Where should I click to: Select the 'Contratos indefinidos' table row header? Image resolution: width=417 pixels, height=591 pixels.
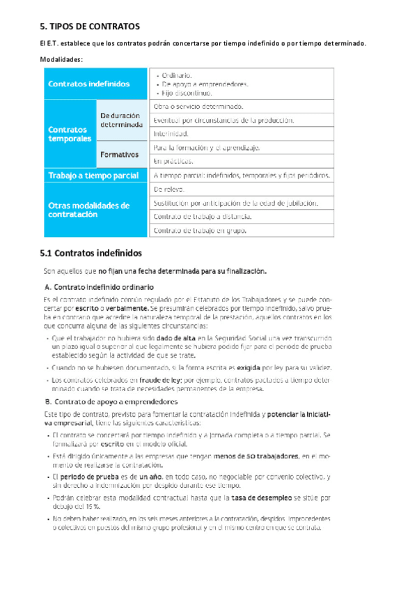point(88,84)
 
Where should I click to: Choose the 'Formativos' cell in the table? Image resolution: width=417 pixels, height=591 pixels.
point(119,154)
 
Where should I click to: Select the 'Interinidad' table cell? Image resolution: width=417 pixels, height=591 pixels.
point(171,133)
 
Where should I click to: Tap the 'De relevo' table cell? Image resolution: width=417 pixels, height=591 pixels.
point(169,189)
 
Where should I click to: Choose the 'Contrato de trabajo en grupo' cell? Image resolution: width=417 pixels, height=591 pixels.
point(199,230)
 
